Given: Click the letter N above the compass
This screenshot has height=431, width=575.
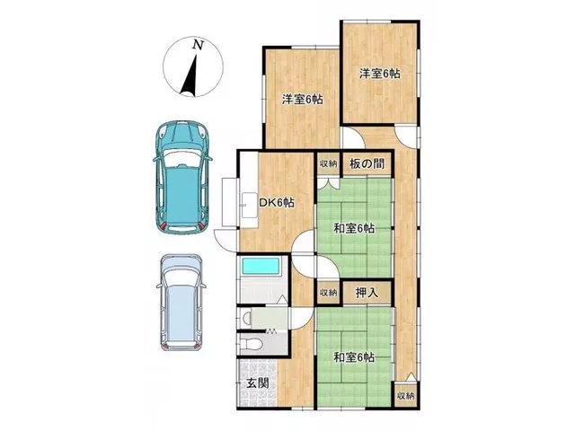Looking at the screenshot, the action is click(198, 45).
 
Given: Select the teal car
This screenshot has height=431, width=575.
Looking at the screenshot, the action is click(182, 178).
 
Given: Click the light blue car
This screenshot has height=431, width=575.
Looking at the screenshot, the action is click(181, 303).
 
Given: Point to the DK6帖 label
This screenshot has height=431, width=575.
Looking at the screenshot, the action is click(277, 203).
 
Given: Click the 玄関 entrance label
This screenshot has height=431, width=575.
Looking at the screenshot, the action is click(258, 383).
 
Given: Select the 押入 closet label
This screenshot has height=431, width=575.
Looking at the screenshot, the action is click(367, 293).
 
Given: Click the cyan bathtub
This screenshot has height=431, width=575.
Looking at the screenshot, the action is click(261, 266).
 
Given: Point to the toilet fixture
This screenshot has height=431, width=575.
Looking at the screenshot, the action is click(251, 344).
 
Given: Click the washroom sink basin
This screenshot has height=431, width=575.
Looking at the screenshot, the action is click(248, 318).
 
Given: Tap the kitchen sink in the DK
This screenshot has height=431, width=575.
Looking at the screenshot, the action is click(250, 206).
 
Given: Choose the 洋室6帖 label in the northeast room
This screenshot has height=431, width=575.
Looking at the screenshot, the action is click(379, 74).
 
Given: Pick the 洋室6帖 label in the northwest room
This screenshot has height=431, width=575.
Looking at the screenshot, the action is click(303, 100).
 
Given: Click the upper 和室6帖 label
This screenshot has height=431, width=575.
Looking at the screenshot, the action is click(354, 229).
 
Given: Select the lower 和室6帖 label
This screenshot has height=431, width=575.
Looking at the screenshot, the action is click(354, 357).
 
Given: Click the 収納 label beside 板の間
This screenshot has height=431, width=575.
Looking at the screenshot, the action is click(328, 163).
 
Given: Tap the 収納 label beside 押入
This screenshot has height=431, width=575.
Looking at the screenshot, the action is click(328, 293).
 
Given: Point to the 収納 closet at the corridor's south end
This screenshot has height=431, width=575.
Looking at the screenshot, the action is click(405, 396).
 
